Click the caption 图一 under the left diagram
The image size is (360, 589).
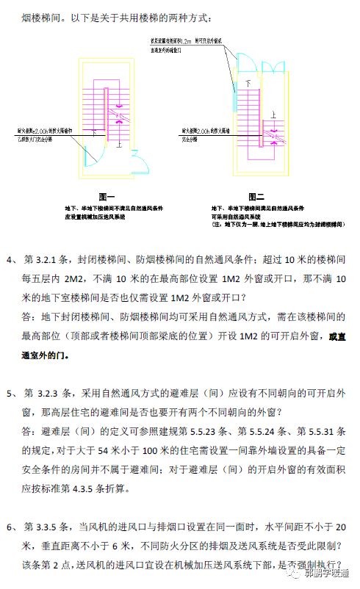coord(107,198)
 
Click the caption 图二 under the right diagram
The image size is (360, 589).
coord(256,197)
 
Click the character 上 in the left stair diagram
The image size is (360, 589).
coord(120,145)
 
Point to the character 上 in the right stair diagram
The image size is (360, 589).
coord(273,116)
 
